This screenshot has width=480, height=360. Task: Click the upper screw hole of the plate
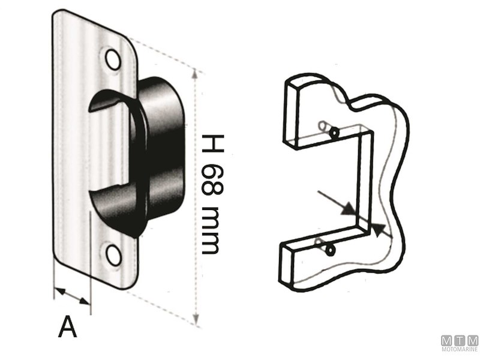click(112, 58)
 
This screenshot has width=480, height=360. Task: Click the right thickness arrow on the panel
click(376, 229)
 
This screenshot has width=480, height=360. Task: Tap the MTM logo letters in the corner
click(459, 340)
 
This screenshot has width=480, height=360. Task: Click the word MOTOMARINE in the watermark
click(459, 349)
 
